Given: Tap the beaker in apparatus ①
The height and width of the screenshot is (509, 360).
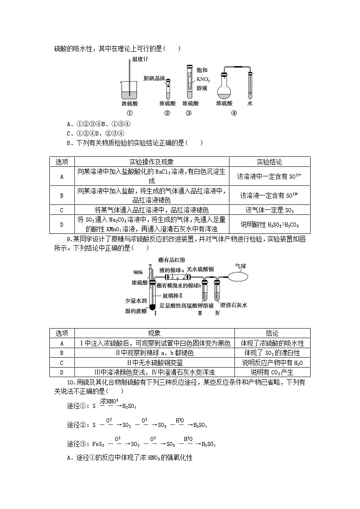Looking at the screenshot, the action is coord(130,90).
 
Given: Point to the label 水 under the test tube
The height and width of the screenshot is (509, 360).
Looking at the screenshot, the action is coord(250,103).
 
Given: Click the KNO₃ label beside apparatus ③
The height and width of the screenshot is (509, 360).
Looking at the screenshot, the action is coord(203,79).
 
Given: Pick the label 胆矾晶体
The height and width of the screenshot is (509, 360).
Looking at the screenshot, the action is coord(154,78).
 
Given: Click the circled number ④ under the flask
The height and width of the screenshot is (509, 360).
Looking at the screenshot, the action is coord(234,113).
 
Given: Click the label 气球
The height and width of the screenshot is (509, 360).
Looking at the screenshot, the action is coord(241,266).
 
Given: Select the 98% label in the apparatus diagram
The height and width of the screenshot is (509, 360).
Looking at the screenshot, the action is coord(138,272).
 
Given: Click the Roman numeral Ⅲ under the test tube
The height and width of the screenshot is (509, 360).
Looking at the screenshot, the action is coord(200,313).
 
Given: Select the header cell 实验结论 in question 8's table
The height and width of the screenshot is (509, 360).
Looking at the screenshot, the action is coord(269,162).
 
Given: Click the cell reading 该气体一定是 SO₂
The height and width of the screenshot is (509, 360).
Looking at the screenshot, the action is coord(269,210).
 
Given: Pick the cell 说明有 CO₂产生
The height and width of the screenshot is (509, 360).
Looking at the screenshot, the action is coord(272,372).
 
